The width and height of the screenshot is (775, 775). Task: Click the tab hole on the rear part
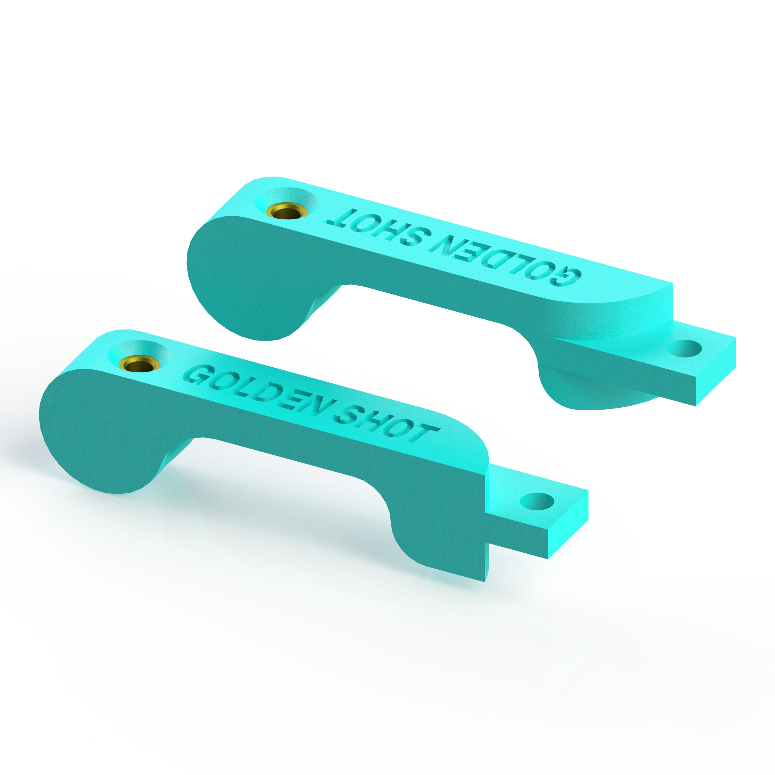coord(685,348)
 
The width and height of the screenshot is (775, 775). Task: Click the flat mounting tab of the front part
coord(562,522)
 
